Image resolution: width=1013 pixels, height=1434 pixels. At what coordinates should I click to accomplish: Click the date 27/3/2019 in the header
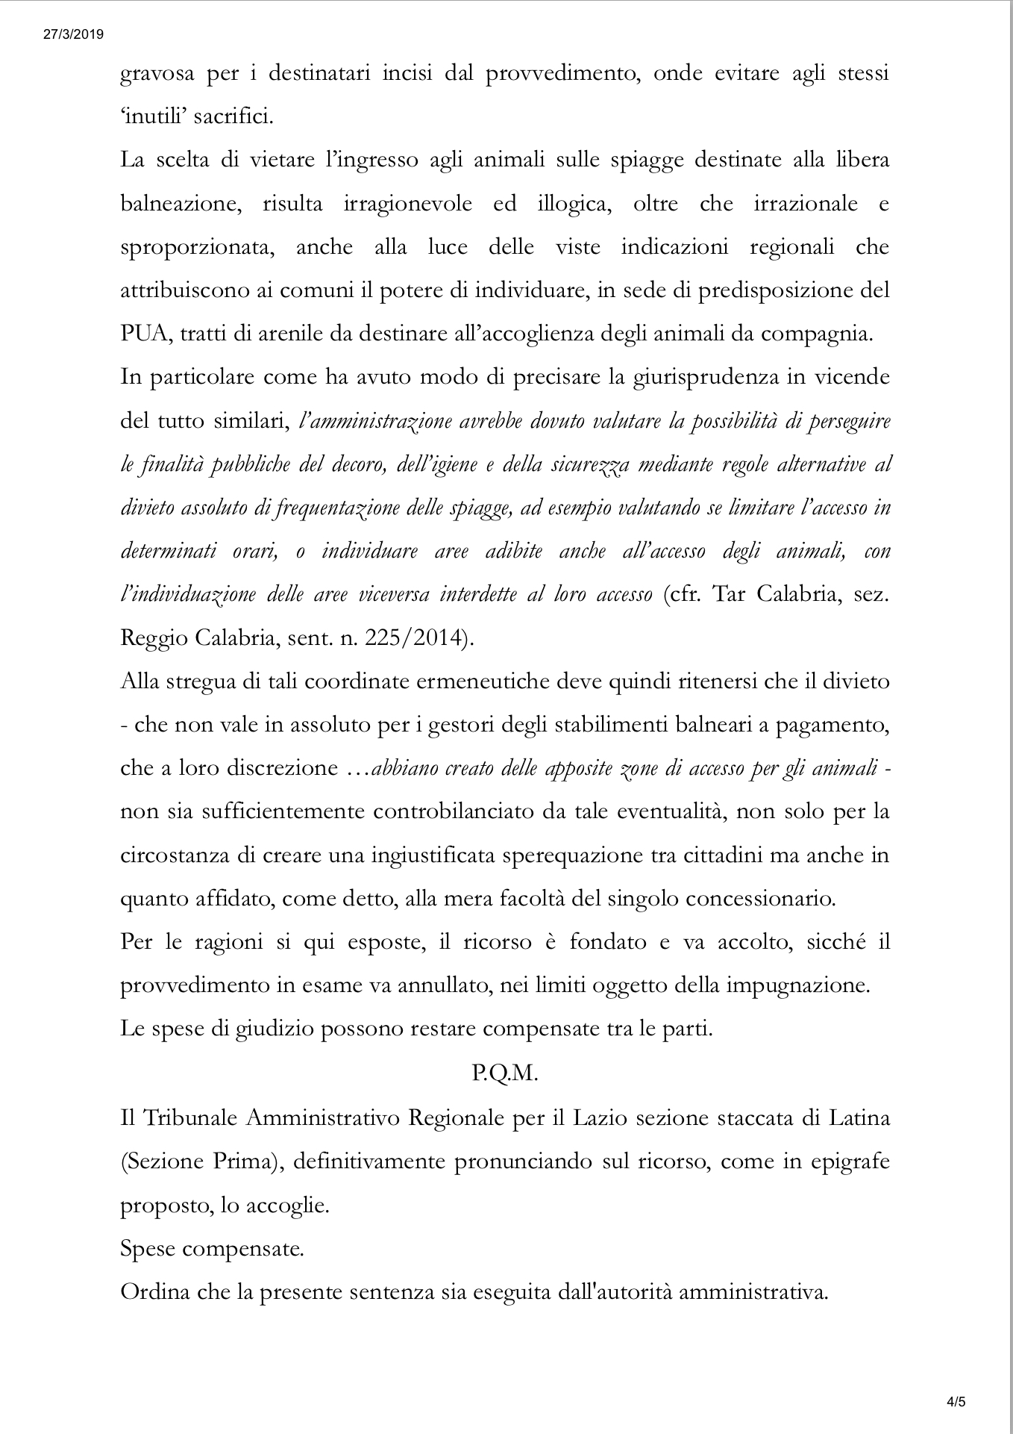tap(73, 34)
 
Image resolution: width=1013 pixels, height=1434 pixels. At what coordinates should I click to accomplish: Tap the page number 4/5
tap(956, 1402)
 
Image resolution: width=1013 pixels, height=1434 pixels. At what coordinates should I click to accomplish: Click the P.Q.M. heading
tap(505, 1073)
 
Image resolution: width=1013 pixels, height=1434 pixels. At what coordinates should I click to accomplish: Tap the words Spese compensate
tap(212, 1249)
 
